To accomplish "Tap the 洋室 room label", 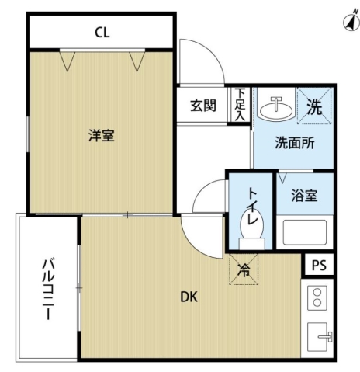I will (x=102, y=136).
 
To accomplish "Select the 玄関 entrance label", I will (x=204, y=106).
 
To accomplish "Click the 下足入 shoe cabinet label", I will (x=241, y=104).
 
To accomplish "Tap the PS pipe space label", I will (x=319, y=265).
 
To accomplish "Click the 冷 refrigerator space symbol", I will (x=244, y=272).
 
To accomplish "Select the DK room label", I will (x=189, y=296).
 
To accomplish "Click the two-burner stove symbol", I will (x=317, y=297).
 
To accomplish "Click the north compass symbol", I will (x=347, y=22).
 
